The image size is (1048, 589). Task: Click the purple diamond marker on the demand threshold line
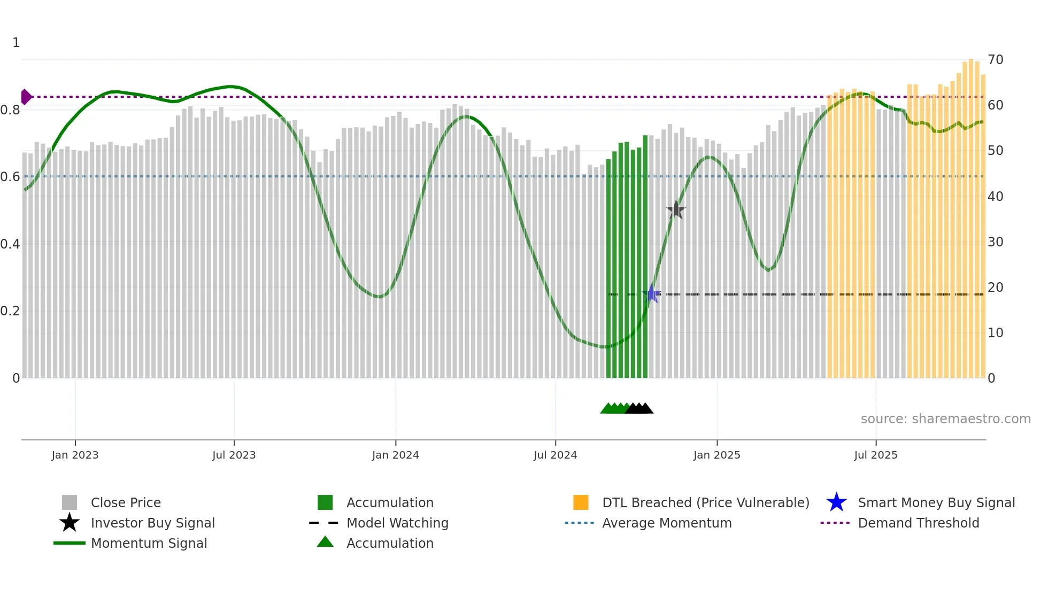(x=26, y=97)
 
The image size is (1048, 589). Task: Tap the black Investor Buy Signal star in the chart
(x=676, y=210)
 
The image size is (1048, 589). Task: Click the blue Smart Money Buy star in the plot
(x=652, y=293)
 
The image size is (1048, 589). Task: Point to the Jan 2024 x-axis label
(x=395, y=455)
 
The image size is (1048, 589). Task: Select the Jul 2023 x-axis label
(x=234, y=455)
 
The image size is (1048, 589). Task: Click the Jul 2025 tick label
(x=875, y=455)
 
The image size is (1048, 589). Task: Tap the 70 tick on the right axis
(x=995, y=60)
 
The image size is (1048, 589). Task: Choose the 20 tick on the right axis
(x=995, y=288)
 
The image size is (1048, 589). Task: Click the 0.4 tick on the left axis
(x=10, y=244)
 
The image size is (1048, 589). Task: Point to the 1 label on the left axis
(x=16, y=43)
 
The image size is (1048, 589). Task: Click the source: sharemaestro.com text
(x=945, y=419)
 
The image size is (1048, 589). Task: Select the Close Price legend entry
(x=126, y=503)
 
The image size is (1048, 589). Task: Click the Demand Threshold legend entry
(x=918, y=523)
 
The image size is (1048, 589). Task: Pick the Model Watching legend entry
(x=397, y=523)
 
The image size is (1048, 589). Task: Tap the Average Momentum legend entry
(x=667, y=523)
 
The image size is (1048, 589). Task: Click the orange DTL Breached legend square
(x=581, y=502)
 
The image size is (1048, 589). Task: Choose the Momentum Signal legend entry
(x=149, y=544)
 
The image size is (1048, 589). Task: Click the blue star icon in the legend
(x=836, y=502)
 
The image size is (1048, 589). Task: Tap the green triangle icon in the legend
(x=325, y=542)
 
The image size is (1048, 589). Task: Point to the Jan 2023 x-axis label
(x=75, y=455)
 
